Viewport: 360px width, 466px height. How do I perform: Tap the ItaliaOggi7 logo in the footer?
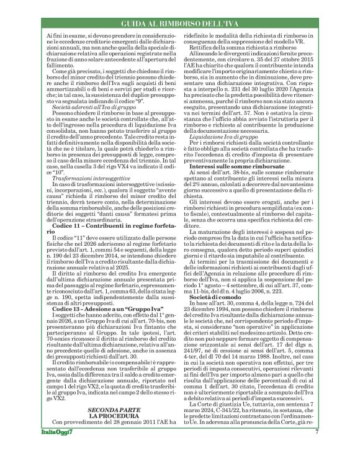pyautogui.click(x=60, y=449)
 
